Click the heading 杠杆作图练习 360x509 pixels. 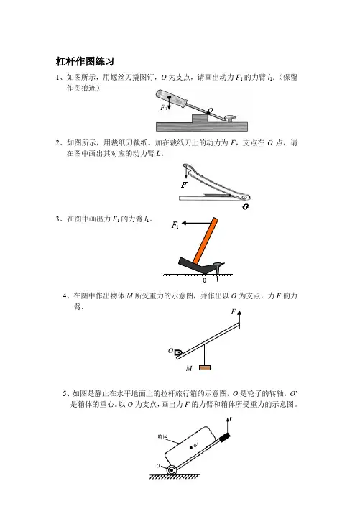[85, 61]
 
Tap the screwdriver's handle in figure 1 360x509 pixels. [171, 98]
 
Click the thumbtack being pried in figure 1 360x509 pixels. [230, 119]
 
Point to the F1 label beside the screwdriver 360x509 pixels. [164, 107]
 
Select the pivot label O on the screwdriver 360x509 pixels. [211, 111]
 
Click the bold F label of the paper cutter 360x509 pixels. [184, 185]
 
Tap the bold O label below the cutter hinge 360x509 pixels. [246, 207]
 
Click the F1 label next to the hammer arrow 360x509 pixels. [175, 224]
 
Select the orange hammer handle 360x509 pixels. [206, 240]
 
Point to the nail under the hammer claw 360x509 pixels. [218, 271]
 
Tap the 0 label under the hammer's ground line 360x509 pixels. [204, 280]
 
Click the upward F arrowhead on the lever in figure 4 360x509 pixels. [239, 313]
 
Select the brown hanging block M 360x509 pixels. [205, 367]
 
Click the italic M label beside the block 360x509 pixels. [189, 368]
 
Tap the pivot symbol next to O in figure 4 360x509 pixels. [177, 352]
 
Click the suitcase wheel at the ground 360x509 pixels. [172, 469]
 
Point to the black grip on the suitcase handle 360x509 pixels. [225, 437]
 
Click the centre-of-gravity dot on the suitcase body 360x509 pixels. [190, 447]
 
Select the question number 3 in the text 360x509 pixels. [58, 219]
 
